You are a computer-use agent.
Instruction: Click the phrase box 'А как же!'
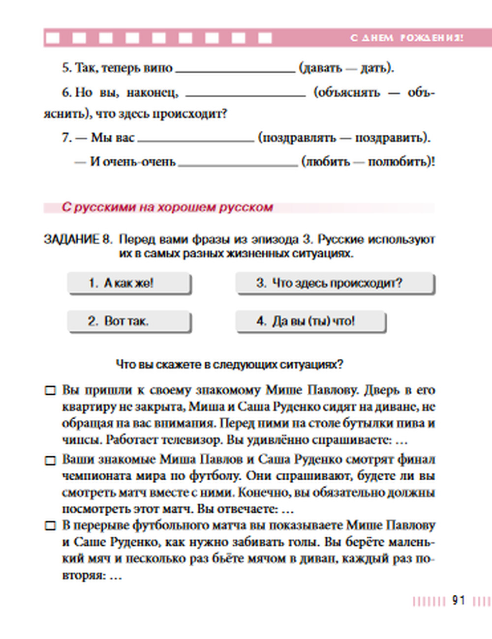coord(129,283)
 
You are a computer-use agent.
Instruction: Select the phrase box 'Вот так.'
coord(129,321)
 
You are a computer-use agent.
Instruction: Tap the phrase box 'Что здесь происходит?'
coord(335,283)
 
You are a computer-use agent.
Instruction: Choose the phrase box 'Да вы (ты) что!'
coord(310,321)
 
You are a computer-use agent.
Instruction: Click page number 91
coord(459,601)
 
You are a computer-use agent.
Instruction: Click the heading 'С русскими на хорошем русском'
coord(167,207)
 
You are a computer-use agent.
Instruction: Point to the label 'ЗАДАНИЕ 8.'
coord(78,240)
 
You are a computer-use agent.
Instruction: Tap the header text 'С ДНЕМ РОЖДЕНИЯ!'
coord(406,38)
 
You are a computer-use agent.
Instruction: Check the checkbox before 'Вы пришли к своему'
coord(50,391)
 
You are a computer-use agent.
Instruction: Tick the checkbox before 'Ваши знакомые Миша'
coord(50,461)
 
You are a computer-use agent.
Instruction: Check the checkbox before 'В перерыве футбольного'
coord(50,526)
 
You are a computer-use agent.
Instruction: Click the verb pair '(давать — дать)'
coord(346,68)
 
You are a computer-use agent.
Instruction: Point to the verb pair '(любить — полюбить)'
coord(368,161)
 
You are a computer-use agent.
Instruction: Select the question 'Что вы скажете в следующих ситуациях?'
coord(229,365)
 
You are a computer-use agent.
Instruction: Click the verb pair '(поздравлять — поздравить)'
coord(344,138)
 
